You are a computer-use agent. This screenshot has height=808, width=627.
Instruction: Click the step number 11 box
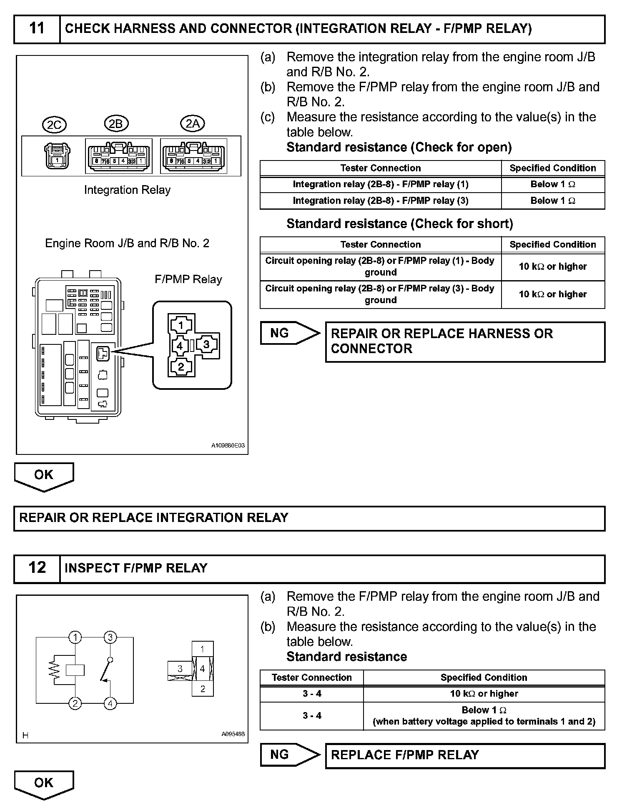[x=37, y=29]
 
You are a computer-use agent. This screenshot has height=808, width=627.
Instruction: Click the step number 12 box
[x=37, y=568]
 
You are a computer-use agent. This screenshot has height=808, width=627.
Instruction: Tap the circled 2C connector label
[x=55, y=125]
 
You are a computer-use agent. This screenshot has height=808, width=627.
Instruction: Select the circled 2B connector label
[x=115, y=124]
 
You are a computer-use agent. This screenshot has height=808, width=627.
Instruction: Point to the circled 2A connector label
[x=192, y=123]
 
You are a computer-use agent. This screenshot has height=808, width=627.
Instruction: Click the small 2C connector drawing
[x=57, y=156]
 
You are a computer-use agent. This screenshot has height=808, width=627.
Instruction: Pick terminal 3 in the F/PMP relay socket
[x=206, y=344]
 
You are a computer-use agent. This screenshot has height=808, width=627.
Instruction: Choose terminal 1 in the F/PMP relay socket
[x=181, y=325]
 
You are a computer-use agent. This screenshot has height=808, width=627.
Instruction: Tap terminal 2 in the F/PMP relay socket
[x=181, y=366]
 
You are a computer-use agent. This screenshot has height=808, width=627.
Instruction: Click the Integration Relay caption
[x=127, y=190]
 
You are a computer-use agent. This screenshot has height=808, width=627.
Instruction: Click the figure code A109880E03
[x=228, y=446]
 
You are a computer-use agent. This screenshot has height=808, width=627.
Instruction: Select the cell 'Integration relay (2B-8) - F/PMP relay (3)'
[x=380, y=201]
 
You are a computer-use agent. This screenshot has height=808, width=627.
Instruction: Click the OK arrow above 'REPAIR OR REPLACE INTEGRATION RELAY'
[x=44, y=476]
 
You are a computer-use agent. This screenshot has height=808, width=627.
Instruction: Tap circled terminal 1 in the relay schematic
[x=75, y=637]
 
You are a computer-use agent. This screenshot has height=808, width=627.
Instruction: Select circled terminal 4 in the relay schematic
[x=110, y=704]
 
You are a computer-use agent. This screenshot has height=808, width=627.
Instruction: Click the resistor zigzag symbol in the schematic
[x=54, y=670]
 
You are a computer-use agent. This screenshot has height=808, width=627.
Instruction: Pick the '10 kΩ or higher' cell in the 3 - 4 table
[x=484, y=694]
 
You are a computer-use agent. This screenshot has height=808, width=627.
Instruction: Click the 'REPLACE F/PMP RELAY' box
[x=464, y=755]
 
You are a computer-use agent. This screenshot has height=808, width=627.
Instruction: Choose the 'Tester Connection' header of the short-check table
[x=380, y=244]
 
